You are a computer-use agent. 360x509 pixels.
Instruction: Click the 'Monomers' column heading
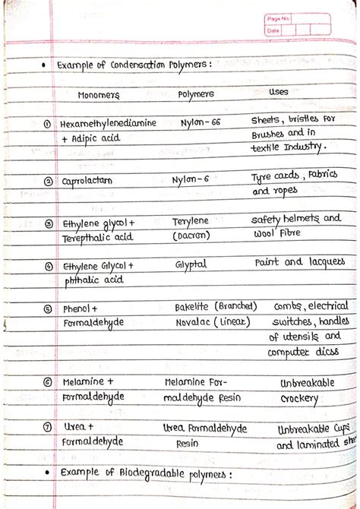[x=98, y=95]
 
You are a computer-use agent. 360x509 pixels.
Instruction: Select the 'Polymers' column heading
[x=195, y=94]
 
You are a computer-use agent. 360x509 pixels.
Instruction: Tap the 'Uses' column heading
[x=278, y=92]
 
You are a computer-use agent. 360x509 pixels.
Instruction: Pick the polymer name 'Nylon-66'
[x=201, y=122]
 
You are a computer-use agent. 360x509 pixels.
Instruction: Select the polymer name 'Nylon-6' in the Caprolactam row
[x=191, y=180]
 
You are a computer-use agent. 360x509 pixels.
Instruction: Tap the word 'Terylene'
[x=190, y=221]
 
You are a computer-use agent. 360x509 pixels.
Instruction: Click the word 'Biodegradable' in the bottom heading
[x=148, y=473]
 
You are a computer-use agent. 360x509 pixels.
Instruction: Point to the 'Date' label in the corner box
[x=273, y=30]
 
